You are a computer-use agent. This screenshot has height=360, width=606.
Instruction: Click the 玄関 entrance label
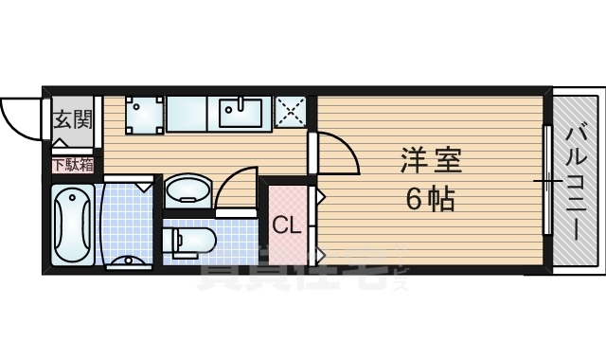coord(71,119)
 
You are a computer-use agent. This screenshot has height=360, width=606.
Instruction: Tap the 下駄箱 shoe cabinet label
coord(72,165)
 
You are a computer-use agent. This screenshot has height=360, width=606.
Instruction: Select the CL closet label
coord(287,225)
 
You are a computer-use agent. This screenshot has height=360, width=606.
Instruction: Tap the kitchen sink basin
coord(244,113)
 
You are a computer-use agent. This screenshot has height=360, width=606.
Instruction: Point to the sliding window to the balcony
coord(546,180)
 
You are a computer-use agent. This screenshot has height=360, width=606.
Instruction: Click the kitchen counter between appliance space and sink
coord(191,114)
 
